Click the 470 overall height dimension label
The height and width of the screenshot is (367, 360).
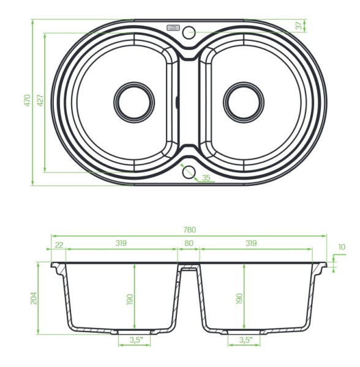click(28, 100)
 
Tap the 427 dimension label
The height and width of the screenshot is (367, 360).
click(40, 100)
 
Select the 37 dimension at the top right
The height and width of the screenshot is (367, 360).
click(299, 26)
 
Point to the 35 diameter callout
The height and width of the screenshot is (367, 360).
click(206, 178)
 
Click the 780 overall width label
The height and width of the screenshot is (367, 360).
click(189, 230)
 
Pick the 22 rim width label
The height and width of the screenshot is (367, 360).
click(59, 245)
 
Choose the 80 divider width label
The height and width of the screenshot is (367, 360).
click(189, 243)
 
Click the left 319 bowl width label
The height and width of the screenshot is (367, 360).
click(121, 243)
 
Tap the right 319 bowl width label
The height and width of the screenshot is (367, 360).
click(251, 243)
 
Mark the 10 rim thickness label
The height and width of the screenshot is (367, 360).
click(342, 247)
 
